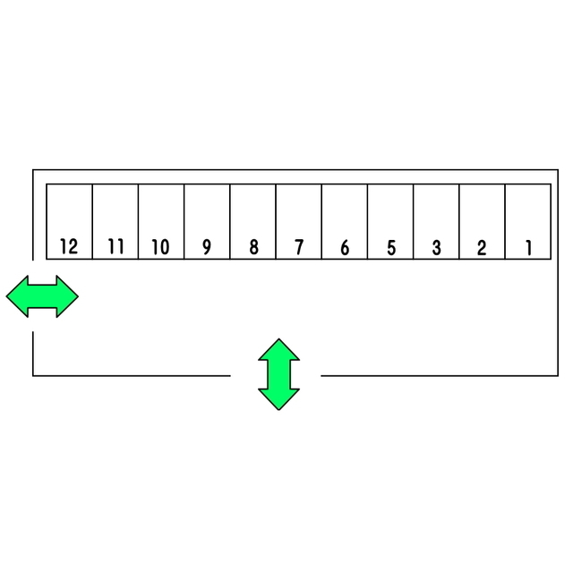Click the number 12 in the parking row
(69, 247)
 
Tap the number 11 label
(115, 247)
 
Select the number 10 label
(160, 247)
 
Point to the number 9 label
(207, 247)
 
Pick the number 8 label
(253, 247)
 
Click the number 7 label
(299, 247)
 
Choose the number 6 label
(345, 247)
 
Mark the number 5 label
(391, 247)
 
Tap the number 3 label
(436, 247)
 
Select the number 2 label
(482, 247)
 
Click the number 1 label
(528, 247)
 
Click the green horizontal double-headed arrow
(42, 296)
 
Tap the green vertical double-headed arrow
(278, 374)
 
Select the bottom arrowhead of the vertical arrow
(278, 399)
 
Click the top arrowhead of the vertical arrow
(278, 349)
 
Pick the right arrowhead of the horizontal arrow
(67, 296)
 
